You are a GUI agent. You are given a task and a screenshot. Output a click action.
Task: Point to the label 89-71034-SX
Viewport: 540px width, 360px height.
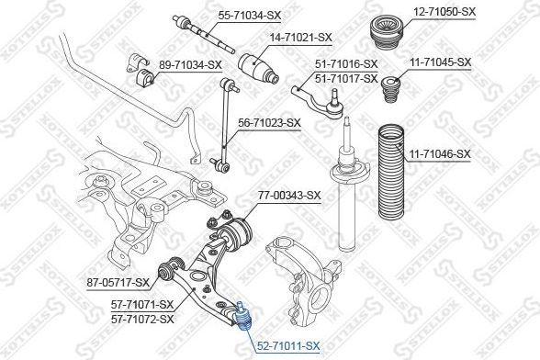click(x=191, y=64)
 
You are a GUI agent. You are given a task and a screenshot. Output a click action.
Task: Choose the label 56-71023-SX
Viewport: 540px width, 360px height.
click(x=269, y=121)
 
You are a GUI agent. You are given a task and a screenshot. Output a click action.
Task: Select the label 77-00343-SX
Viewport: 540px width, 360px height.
click(x=288, y=195)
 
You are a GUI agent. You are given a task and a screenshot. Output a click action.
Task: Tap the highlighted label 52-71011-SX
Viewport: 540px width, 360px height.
click(x=287, y=345)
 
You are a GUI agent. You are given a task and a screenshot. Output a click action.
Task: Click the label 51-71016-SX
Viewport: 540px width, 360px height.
click(x=346, y=64)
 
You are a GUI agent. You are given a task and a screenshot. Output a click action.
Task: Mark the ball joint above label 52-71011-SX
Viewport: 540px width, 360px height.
click(x=243, y=316)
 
